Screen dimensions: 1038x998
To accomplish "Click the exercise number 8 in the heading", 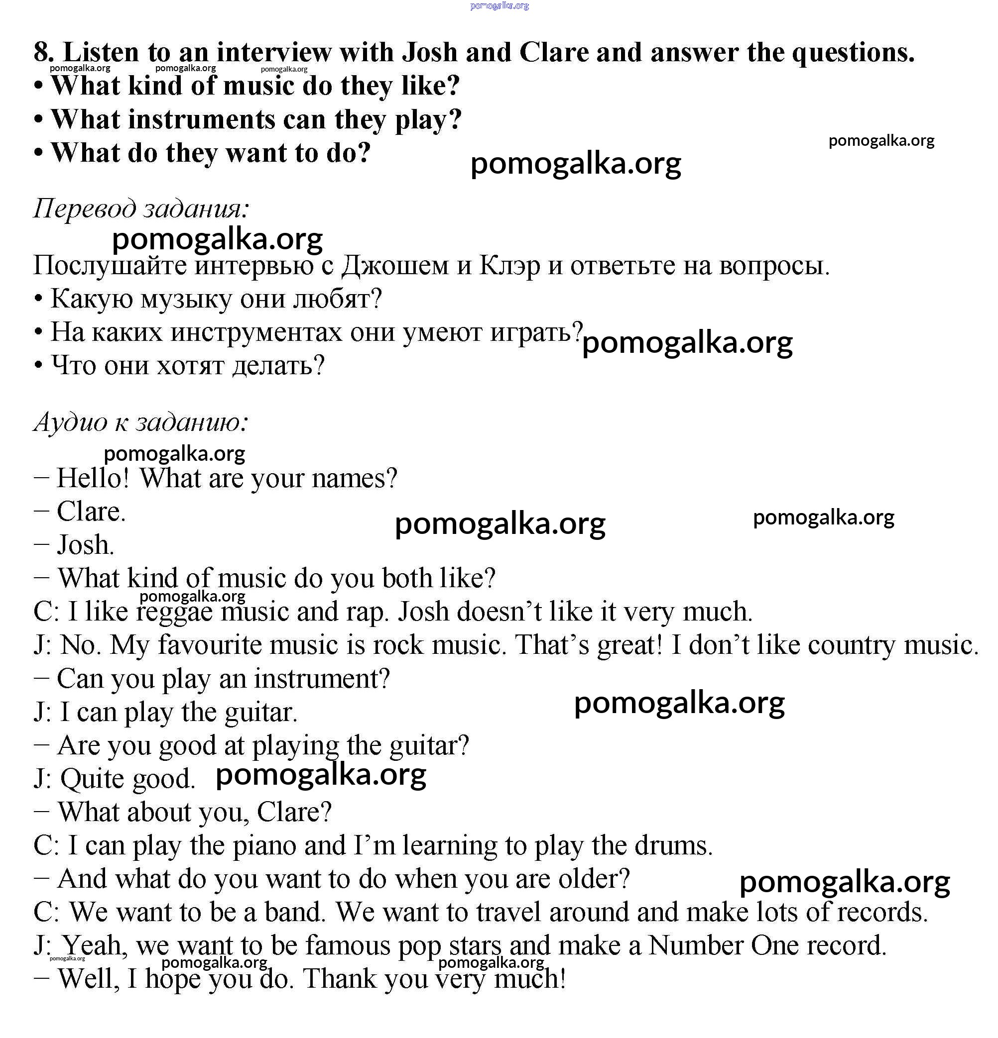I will pos(42,52).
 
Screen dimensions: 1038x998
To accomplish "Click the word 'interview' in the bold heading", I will pos(274,52).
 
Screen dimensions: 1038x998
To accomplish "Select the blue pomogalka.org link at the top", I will pos(499,6).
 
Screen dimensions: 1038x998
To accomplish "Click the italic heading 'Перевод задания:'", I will pos(141,208).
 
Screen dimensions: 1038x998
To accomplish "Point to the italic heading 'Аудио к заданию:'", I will pos(141,422).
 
